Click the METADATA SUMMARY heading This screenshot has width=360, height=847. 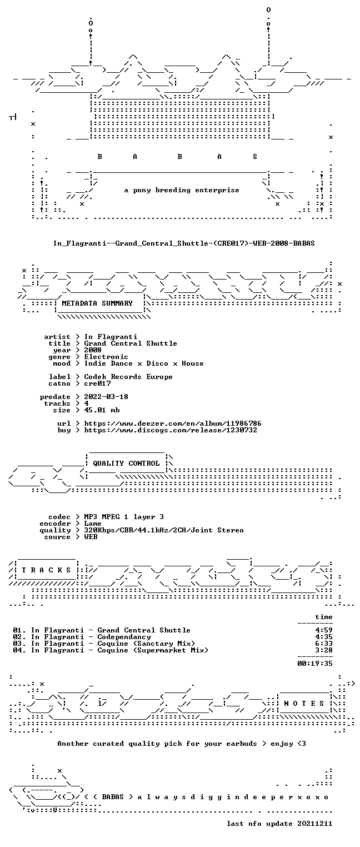pyautogui.click(x=97, y=303)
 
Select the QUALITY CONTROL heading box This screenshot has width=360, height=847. pyautogui.click(x=126, y=463)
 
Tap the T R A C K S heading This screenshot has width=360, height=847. pyautogui.click(x=47, y=570)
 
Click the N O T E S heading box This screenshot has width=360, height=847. pyautogui.click(x=304, y=703)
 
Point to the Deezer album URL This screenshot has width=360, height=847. pyautogui.click(x=172, y=423)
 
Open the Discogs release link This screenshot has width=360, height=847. pyautogui.click(x=170, y=430)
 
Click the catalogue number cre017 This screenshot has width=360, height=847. pyautogui.click(x=98, y=383)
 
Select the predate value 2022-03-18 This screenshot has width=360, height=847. pyautogui.click(x=106, y=397)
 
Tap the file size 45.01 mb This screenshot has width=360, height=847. pyautogui.click(x=102, y=410)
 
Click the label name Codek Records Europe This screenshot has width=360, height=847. pyautogui.click(x=128, y=377)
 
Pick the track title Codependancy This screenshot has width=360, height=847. pyautogui.click(x=124, y=637)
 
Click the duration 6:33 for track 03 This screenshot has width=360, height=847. pyautogui.click(x=324, y=644)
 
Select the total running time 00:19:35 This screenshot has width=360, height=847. pyautogui.click(x=315, y=664)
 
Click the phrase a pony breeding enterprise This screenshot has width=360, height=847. pyautogui.click(x=182, y=190)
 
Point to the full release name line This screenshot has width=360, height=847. pyautogui.click(x=184, y=243)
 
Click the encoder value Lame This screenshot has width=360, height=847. pyautogui.click(x=93, y=524)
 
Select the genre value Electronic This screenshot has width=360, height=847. pyautogui.click(x=106, y=357)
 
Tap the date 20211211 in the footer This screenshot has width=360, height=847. pyautogui.click(x=315, y=824)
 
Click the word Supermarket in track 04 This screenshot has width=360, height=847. pyautogui.click(x=162, y=650)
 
